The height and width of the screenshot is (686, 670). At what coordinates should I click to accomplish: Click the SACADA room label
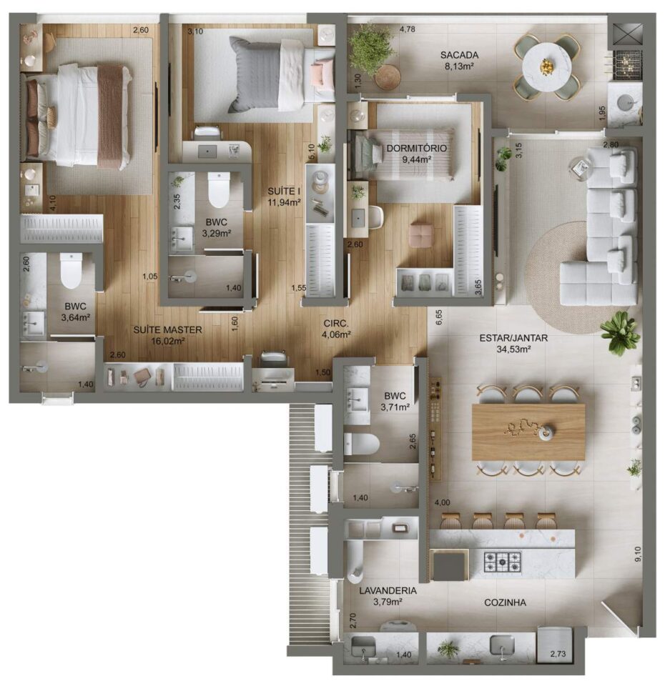(x=459, y=55)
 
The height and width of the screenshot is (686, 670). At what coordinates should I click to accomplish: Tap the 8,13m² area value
(x=459, y=66)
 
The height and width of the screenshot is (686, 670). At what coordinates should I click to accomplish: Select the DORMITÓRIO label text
(x=416, y=149)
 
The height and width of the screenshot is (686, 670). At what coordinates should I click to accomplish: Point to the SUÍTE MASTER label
(x=168, y=330)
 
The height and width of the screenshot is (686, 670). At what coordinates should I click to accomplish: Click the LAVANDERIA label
(x=388, y=591)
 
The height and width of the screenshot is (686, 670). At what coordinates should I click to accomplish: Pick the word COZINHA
(x=505, y=602)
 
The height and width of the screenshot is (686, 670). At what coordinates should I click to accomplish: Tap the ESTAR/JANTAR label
(x=513, y=338)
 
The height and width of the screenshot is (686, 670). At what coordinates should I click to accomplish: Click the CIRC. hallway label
(x=336, y=324)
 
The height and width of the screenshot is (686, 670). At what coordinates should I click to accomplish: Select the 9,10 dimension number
(x=638, y=555)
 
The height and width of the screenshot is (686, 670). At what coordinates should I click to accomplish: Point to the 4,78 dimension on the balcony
(x=408, y=29)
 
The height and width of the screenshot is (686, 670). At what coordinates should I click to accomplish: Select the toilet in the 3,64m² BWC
(x=71, y=271)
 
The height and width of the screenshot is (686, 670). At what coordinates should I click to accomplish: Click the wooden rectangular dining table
(x=528, y=432)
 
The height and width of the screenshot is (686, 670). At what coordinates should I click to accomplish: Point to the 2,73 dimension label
(x=558, y=654)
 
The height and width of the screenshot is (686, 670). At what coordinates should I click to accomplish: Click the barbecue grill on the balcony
(x=628, y=65)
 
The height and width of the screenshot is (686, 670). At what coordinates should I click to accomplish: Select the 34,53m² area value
(x=513, y=349)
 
